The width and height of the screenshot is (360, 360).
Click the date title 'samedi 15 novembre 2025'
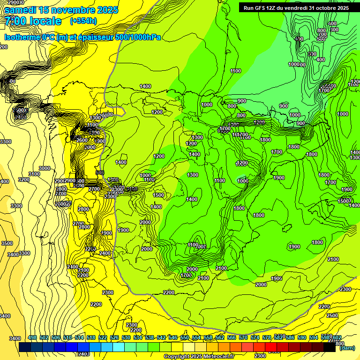61,10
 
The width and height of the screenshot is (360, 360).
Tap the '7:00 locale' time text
33,21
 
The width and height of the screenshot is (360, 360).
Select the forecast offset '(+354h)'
83,21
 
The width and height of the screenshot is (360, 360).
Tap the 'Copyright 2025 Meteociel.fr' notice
199,356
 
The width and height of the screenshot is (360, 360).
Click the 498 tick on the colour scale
32,337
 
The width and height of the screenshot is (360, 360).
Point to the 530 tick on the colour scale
126,337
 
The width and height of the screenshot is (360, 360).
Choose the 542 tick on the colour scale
161,337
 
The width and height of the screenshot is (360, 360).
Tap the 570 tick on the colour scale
243,337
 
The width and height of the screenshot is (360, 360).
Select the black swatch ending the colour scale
330,347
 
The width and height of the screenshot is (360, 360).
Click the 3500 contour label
7,243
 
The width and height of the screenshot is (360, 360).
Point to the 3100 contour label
34,174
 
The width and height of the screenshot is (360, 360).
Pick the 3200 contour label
23,180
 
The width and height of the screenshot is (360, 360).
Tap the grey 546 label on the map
100,172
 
